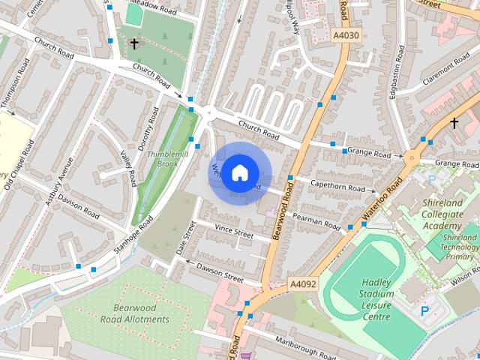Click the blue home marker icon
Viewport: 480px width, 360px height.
coord(239,172)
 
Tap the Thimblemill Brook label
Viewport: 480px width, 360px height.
coord(162,158)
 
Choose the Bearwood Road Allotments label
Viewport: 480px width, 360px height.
coord(141,313)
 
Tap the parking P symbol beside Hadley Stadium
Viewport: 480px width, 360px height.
coord(424,310)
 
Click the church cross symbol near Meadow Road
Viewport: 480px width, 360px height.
coord(134,44)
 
